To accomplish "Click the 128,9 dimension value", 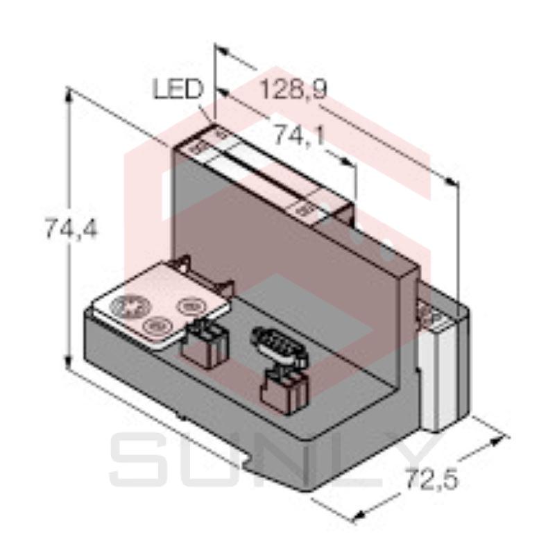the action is (x=293, y=90).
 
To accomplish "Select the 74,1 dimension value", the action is (x=300, y=135).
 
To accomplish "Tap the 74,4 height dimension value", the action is (x=71, y=229).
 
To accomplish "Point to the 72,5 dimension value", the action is (x=432, y=479).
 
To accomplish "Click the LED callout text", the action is (x=178, y=89).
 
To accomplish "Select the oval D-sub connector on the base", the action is (x=279, y=345).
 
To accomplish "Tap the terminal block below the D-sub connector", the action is (x=284, y=391).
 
